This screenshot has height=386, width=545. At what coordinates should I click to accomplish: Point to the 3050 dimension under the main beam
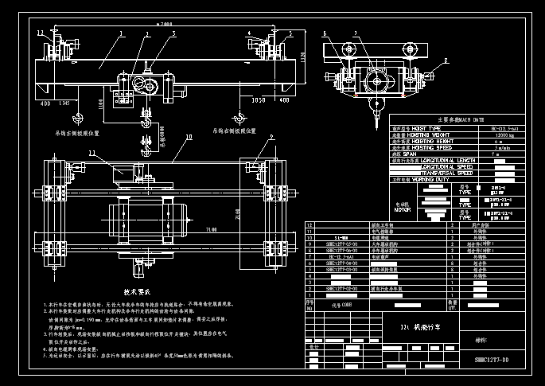257,102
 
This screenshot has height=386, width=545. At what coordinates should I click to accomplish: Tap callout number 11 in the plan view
91,152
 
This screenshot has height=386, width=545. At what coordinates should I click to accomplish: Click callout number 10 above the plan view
189,137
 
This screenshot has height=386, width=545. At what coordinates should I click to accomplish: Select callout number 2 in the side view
446,60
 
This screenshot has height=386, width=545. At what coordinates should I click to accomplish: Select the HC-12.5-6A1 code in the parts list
341,257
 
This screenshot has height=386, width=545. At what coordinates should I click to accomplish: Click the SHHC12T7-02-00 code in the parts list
341,288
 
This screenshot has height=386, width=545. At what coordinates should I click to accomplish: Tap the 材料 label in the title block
482,338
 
